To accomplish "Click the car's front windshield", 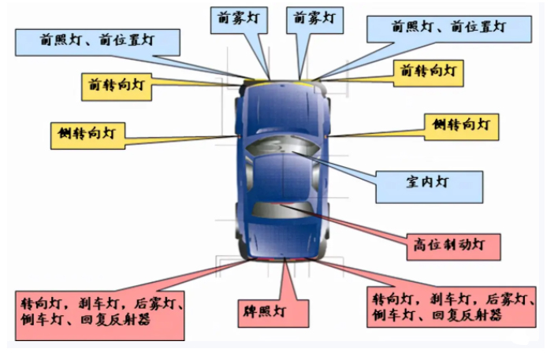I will click(x=281, y=147).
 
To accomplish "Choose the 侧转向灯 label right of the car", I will click(x=463, y=124).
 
